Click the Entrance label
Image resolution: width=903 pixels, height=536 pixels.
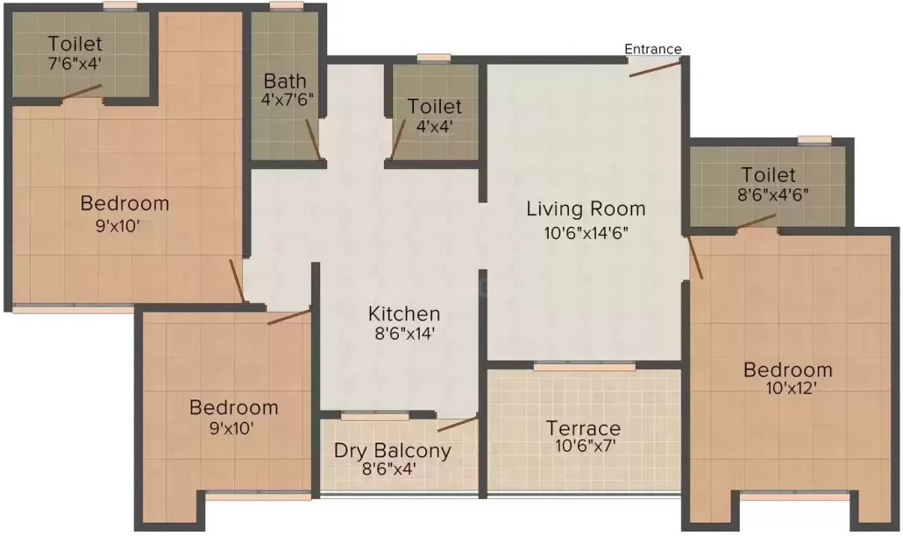pos(653,49)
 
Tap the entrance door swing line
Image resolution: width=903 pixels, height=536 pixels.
pos(655,69)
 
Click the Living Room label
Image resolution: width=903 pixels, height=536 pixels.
pos(586,209)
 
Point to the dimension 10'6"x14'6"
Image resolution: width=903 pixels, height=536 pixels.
pos(586,233)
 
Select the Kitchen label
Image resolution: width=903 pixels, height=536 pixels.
pos(404,314)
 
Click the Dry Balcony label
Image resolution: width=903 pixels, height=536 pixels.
pos(392,450)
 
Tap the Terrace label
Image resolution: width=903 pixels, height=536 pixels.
pos(583,428)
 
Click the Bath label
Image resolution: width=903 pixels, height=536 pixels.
pos(285,81)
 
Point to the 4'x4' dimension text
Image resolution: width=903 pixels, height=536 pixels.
pos(434,126)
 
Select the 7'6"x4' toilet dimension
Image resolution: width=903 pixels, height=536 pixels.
pos(75,63)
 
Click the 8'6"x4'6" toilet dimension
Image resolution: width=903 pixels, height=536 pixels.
pos(773,194)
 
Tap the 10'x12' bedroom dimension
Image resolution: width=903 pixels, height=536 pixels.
pos(791,388)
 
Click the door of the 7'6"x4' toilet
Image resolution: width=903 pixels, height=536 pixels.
pos(82,92)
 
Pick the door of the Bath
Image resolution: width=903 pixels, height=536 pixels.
pos(313,139)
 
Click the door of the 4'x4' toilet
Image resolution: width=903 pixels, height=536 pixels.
pos(399,138)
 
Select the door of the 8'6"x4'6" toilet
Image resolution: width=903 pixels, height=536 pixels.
pos(756,221)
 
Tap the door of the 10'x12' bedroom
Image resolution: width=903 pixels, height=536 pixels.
pos(696,257)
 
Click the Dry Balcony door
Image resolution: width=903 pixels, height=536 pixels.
pos(458,424)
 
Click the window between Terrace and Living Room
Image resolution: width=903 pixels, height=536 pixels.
pos(585,366)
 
